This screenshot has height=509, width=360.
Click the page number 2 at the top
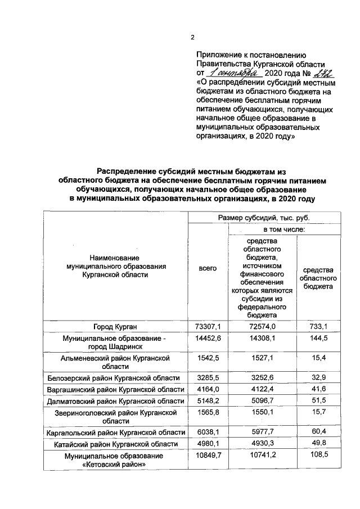click(192, 38)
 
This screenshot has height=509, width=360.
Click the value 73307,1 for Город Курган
click(208, 326)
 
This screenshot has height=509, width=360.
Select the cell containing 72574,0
click(262, 326)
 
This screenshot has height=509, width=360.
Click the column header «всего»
click(208, 269)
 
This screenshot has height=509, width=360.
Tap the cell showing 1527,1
click(262, 358)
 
